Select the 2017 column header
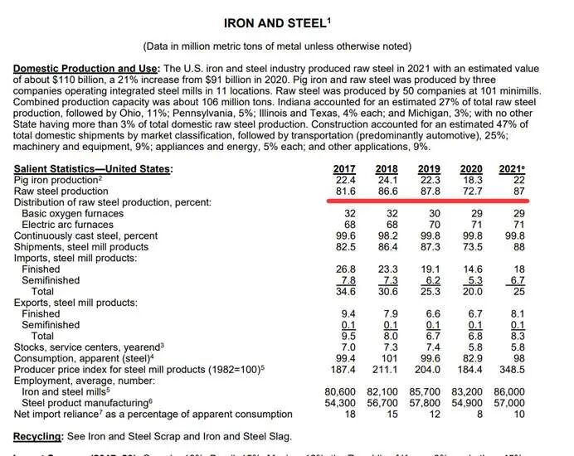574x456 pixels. click(343, 168)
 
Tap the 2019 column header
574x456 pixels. click(428, 168)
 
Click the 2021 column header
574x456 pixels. click(512, 168)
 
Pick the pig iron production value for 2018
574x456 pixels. click(387, 180)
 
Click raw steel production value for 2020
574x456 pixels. click(471, 191)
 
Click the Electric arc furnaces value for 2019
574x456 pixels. click(432, 224)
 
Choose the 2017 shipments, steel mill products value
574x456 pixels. click(343, 246)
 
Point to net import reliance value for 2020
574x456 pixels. click(479, 414)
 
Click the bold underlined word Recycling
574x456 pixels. click(39, 436)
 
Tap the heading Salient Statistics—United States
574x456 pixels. click(93, 168)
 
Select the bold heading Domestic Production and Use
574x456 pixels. click(86, 67)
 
